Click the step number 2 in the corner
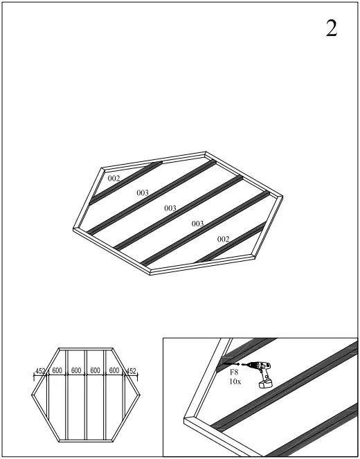pyautogui.click(x=332, y=28)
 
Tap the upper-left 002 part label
pyautogui.click(x=114, y=179)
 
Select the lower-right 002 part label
pyautogui.click(x=223, y=239)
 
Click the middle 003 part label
pyautogui.click(x=170, y=208)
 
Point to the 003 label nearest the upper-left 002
pyautogui.click(x=143, y=192)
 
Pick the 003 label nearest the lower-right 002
pyautogui.click(x=197, y=224)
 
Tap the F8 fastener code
pyautogui.click(x=234, y=372)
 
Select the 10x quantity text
pyautogui.click(x=235, y=381)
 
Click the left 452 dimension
pyautogui.click(x=40, y=372)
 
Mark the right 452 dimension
pyautogui.click(x=131, y=372)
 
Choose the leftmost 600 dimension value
pyautogui.click(x=57, y=372)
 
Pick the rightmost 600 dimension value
pyautogui.click(x=114, y=372)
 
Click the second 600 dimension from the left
pyautogui.click(x=76, y=372)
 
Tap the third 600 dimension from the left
pyautogui.click(x=96, y=372)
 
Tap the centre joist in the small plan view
pyautogui.click(x=86, y=402)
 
